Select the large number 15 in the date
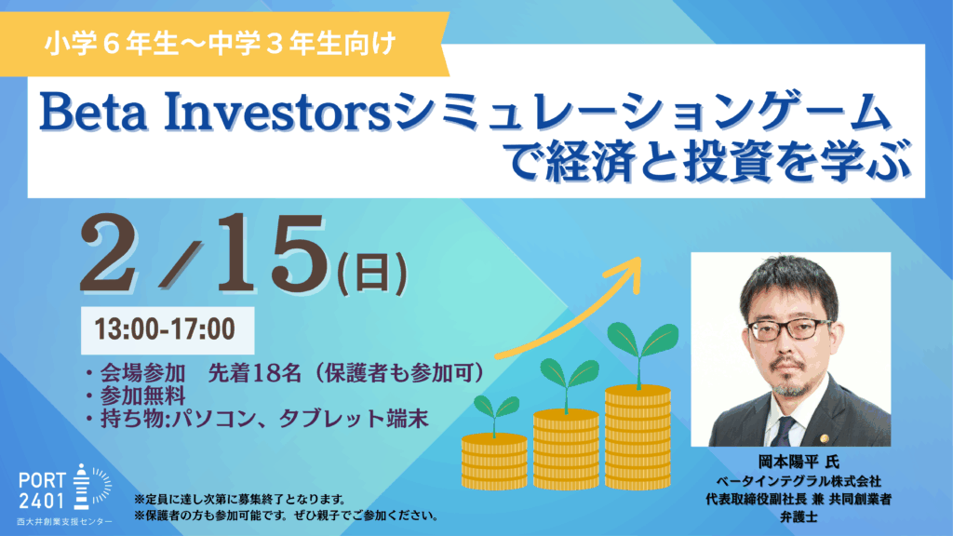tap(271, 253)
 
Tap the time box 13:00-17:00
tap(168, 330)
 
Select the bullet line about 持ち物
tap(258, 420)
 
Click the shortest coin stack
tap(494, 462)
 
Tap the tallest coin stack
tap(638, 436)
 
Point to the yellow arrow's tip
tap(640, 259)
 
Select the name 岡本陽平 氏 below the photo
tap(798, 462)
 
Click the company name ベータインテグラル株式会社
tap(798, 481)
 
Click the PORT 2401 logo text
tap(41, 491)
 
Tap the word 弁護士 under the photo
tap(798, 517)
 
